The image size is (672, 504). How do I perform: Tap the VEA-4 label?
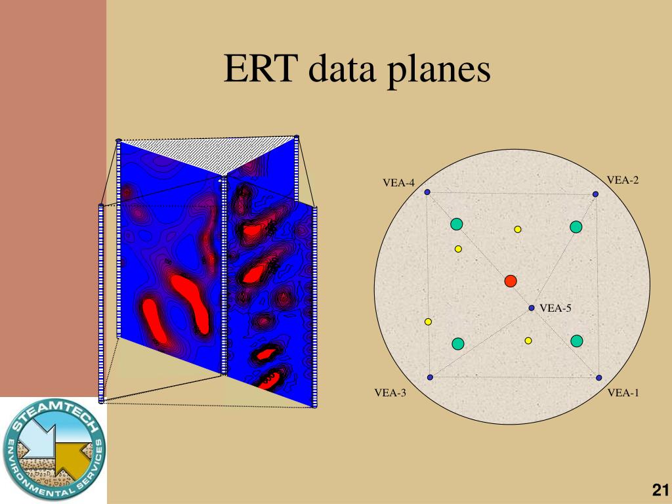[x=399, y=183]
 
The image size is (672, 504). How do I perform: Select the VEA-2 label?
[x=623, y=180]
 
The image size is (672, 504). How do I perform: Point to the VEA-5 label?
[x=556, y=308]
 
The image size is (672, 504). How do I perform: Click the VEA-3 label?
[x=390, y=393]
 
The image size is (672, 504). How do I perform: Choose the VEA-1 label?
[x=623, y=393]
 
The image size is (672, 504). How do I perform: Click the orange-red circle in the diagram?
[x=511, y=281]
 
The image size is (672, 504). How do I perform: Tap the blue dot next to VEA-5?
[x=532, y=308]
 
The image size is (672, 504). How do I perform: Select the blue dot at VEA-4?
[x=427, y=192]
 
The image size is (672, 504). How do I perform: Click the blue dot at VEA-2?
[x=595, y=194]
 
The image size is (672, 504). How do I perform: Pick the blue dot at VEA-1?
[x=598, y=377]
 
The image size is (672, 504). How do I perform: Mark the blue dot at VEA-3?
[x=430, y=377]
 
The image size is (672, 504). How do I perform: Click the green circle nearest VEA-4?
[x=457, y=224]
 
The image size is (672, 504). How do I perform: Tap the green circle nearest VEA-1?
[x=576, y=341]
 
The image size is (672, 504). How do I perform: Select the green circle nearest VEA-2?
[x=576, y=227]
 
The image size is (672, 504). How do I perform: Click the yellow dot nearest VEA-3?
[x=428, y=322]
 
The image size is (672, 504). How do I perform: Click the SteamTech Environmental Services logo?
[x=54, y=450]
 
